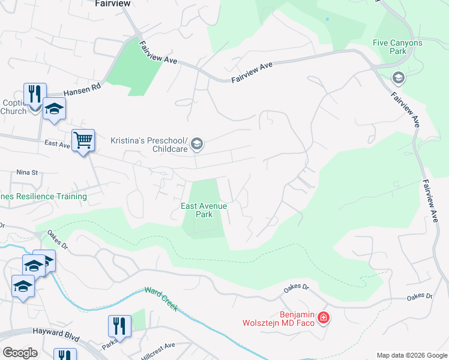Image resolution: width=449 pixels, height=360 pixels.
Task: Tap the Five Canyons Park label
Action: click(x=397, y=47)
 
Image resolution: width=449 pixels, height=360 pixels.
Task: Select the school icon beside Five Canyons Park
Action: click(x=397, y=78)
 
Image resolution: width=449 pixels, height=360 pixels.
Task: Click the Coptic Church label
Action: click(x=13, y=107)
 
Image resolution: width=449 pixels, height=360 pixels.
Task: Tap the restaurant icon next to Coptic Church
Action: click(x=34, y=94)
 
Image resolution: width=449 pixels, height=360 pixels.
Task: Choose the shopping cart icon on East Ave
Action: click(x=83, y=140)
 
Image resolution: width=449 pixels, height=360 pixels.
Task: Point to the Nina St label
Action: click(x=27, y=172)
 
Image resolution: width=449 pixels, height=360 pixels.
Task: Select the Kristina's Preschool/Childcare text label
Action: click(x=148, y=144)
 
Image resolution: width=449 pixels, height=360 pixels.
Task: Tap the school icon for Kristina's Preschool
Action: click(x=197, y=144)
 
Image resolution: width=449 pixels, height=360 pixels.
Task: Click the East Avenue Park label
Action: click(x=204, y=210)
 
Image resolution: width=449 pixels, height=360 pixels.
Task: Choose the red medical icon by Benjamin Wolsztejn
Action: click(x=324, y=317)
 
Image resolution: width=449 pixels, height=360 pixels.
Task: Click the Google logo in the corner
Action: click(x=20, y=352)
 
